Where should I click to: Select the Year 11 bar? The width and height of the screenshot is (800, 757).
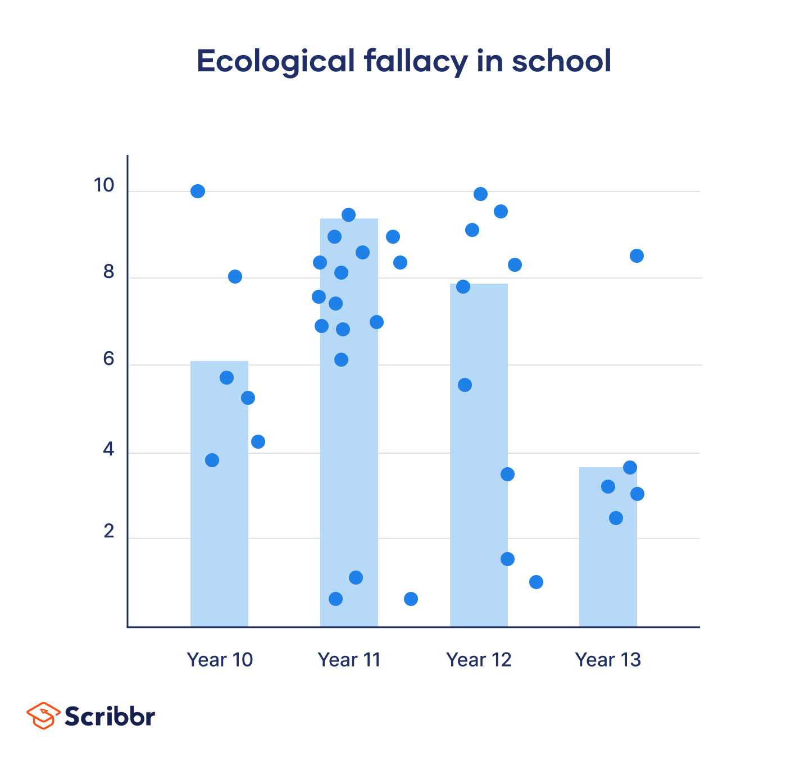pyautogui.click(x=349, y=449)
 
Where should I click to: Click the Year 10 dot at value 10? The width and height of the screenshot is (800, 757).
pyautogui.click(x=198, y=191)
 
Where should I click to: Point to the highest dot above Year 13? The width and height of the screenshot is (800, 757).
pyautogui.click(x=637, y=256)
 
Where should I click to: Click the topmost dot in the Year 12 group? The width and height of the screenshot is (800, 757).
pyautogui.click(x=480, y=194)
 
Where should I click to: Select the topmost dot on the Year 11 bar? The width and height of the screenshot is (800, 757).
pyautogui.click(x=348, y=215)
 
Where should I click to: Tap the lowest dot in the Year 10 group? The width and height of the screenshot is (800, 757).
pyautogui.click(x=212, y=460)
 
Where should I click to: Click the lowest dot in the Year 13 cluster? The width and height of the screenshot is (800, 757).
pyautogui.click(x=616, y=518)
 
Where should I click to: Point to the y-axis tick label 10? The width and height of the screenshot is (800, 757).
pyautogui.click(x=103, y=185)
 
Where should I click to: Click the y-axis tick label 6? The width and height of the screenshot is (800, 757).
pyautogui.click(x=108, y=359)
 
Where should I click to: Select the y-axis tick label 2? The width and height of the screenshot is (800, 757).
pyautogui.click(x=108, y=531)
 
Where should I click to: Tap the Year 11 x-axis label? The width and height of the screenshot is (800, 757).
pyautogui.click(x=349, y=659)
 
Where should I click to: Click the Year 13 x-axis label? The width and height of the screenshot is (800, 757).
pyautogui.click(x=608, y=659)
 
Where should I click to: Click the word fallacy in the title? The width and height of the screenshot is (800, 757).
pyautogui.click(x=415, y=61)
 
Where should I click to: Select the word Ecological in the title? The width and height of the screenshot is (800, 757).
pyautogui.click(x=275, y=61)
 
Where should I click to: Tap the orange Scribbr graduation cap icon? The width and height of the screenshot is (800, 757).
pyautogui.click(x=43, y=715)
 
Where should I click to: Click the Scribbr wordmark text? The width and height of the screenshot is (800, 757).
pyautogui.click(x=110, y=716)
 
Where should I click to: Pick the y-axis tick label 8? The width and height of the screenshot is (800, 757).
pyautogui.click(x=108, y=272)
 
